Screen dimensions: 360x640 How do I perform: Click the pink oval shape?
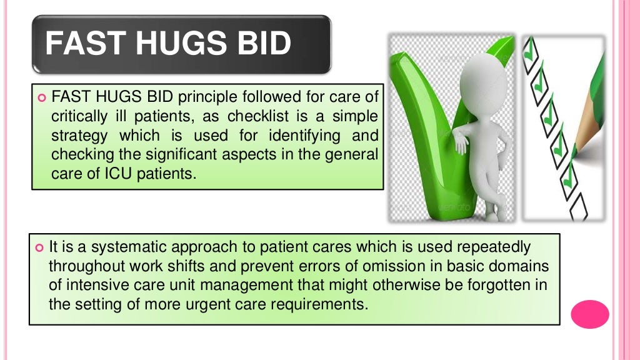click(589, 314)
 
